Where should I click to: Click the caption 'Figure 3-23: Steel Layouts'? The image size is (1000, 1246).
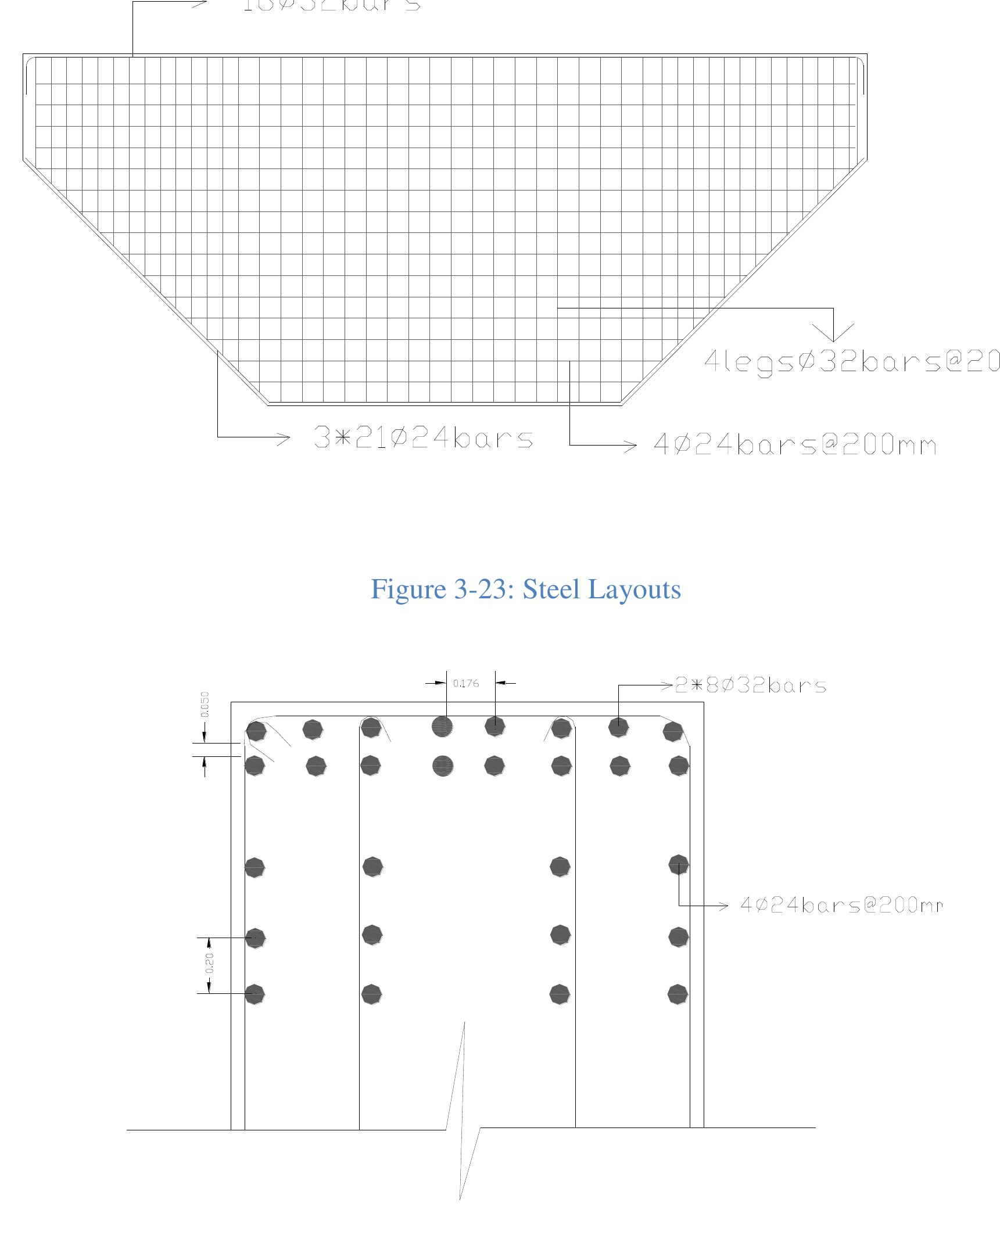point(525,589)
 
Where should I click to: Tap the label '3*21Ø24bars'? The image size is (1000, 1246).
point(423,438)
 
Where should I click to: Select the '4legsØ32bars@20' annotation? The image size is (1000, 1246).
point(851,362)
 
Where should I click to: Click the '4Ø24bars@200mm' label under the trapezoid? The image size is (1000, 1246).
point(795,446)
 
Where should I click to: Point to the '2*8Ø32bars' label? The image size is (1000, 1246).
point(750,685)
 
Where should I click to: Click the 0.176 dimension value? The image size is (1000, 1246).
point(466,683)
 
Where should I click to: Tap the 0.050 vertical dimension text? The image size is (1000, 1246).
point(205,704)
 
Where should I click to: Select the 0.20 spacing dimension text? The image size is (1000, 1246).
point(210,963)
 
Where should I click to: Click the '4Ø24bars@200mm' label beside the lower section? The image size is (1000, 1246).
point(841,905)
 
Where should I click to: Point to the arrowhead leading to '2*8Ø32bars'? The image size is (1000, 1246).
point(667,685)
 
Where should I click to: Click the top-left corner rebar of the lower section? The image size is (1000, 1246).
point(256,731)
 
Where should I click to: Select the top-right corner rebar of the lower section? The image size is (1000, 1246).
point(672,731)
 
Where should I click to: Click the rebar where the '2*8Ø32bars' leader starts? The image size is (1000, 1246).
point(618,727)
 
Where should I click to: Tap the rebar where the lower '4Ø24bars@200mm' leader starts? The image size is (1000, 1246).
point(678,865)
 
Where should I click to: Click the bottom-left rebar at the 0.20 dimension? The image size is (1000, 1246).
point(255,994)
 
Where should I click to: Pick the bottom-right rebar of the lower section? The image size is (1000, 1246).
point(678,994)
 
